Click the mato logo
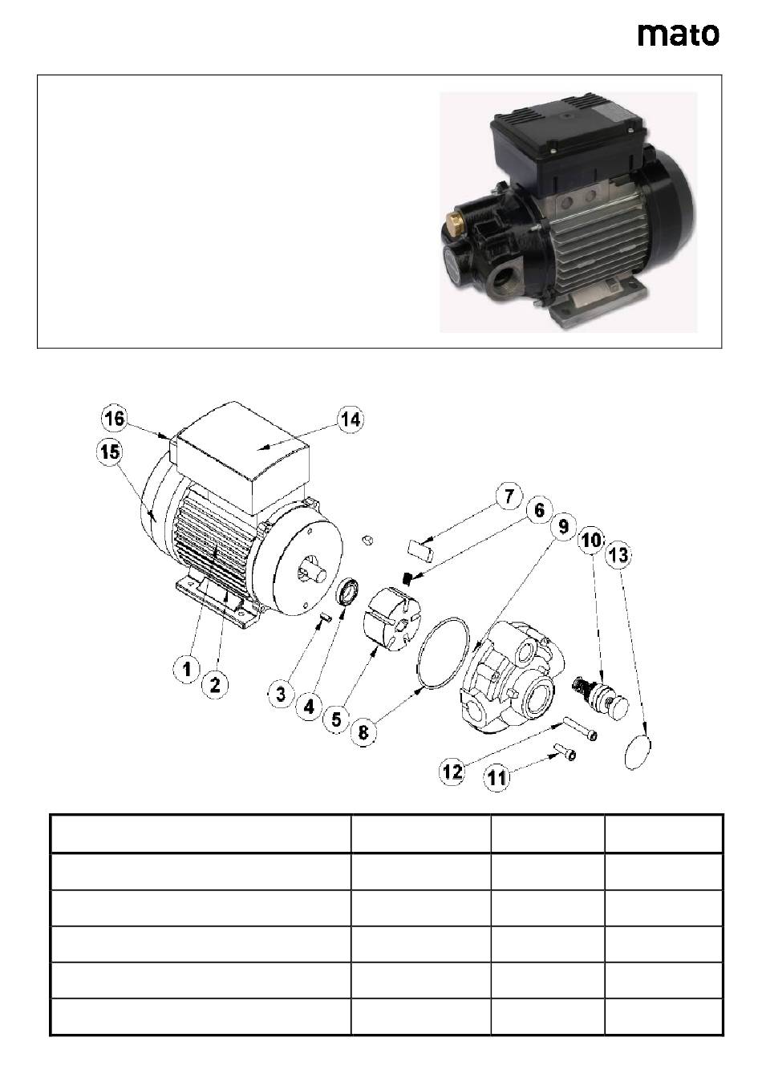pyautogui.click(x=679, y=35)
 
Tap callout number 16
pyautogui.click(x=115, y=419)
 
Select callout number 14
pyautogui.click(x=351, y=419)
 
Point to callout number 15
pyautogui.click(x=109, y=452)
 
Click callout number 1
pyautogui.click(x=187, y=670)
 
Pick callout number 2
pyautogui.click(x=215, y=685)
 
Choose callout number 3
pyautogui.click(x=281, y=695)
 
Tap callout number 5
pyautogui.click(x=337, y=719)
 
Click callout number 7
pyautogui.click(x=509, y=496)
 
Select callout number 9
pyautogui.click(x=563, y=526)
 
